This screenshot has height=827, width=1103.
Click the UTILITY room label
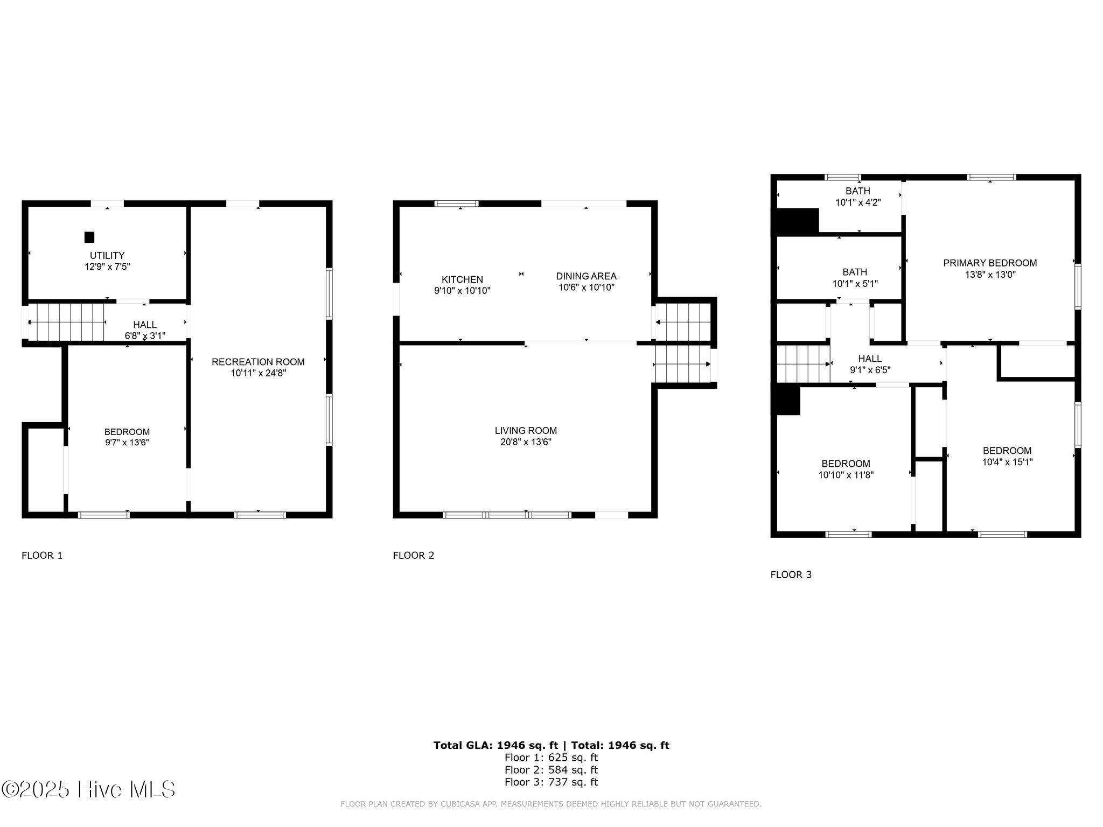pyautogui.click(x=107, y=255)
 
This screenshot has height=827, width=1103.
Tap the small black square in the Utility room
pyautogui.click(x=89, y=237)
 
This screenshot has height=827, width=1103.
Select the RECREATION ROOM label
pyautogui.click(x=258, y=362)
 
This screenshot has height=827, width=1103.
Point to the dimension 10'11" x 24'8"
pyautogui.click(x=259, y=373)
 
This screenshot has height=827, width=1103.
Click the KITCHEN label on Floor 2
pyautogui.click(x=462, y=279)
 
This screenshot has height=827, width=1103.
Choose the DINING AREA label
pyautogui.click(x=586, y=276)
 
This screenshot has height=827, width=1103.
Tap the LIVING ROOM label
pyautogui.click(x=526, y=431)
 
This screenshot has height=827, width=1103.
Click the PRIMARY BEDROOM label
pyautogui.click(x=990, y=263)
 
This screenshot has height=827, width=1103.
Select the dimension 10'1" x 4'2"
pyautogui.click(x=858, y=202)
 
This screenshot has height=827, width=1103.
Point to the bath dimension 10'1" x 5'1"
pyautogui.click(x=855, y=283)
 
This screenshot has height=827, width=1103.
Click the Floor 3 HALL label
pyautogui.click(x=870, y=359)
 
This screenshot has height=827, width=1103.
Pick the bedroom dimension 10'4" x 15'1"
pyautogui.click(x=1007, y=462)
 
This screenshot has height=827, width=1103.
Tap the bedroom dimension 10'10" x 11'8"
pyautogui.click(x=846, y=475)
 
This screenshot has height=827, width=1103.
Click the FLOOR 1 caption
pyautogui.click(x=42, y=556)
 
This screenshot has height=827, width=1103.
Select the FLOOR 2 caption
pyautogui.click(x=414, y=556)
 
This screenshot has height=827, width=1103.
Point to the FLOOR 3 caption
pyautogui.click(x=791, y=575)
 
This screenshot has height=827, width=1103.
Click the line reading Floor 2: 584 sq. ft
pyautogui.click(x=551, y=770)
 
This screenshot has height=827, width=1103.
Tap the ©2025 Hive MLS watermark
pyautogui.click(x=88, y=790)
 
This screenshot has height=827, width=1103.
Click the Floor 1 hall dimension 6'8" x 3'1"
pyautogui.click(x=145, y=335)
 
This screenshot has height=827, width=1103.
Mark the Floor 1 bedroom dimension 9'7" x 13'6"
pyautogui.click(x=127, y=443)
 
